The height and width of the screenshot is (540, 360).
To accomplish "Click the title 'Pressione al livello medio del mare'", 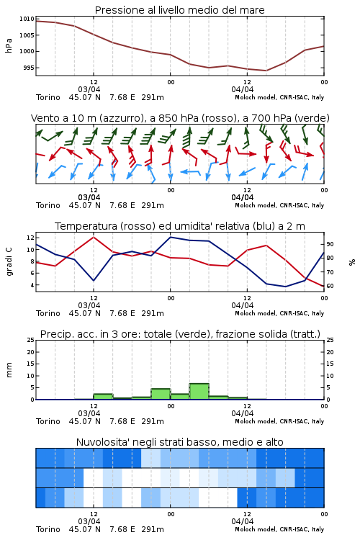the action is (x=179, y=10).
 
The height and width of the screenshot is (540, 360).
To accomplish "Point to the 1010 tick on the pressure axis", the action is (x=27, y=19).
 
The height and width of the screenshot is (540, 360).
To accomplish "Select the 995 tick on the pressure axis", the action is (x=29, y=68).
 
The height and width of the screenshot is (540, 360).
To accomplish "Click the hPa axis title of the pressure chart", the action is (x=9, y=45).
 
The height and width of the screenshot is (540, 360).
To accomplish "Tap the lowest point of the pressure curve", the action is (x=266, y=71).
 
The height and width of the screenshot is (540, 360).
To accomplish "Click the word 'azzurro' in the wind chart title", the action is (x=121, y=118).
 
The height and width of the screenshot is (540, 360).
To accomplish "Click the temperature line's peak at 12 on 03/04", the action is (x=94, y=237).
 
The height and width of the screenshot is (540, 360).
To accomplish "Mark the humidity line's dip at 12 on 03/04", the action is (x=94, y=280).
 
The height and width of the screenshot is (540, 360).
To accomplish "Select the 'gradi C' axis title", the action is (x=9, y=261).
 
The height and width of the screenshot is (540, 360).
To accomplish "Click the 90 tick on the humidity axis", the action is (x=330, y=244).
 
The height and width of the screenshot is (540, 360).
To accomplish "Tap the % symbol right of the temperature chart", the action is (x=352, y=262).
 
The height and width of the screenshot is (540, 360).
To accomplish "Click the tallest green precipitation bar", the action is (x=199, y=391).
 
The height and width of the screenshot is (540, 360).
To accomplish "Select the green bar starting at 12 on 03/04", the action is (x=103, y=397).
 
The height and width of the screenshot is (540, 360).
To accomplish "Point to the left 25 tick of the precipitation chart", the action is (x=31, y=340).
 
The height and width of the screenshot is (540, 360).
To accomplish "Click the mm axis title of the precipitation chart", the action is (x=9, y=369).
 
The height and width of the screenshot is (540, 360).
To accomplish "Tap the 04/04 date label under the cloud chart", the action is (x=242, y=521).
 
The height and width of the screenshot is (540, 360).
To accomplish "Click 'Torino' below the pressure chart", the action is (x=48, y=97).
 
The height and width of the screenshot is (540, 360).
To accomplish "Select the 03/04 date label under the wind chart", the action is (x=89, y=197).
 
